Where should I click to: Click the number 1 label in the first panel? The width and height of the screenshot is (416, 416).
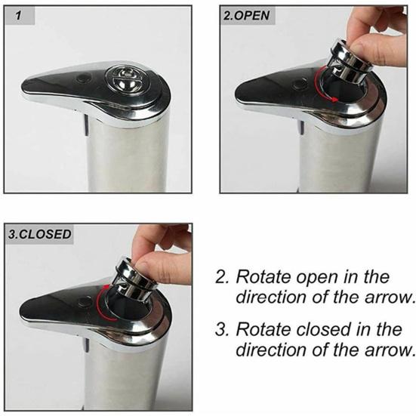tap(19, 15)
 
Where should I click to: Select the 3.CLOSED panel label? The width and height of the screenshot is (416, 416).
tap(39, 233)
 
